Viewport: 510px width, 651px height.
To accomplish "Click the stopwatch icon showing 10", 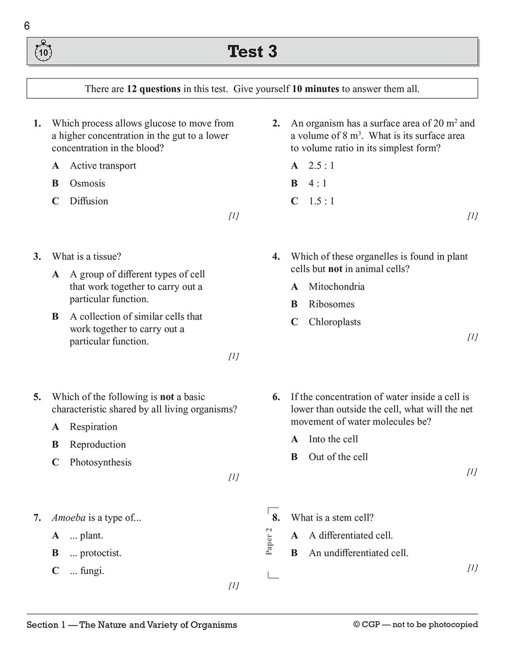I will point(43,51).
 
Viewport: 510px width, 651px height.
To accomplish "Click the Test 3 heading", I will point(252,51).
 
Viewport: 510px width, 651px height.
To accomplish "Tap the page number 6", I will point(27,26).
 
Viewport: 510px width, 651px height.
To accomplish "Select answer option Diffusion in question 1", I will point(89,201).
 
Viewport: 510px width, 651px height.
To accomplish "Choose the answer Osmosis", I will point(87,183).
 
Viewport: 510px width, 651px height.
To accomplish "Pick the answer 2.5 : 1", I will point(321,166).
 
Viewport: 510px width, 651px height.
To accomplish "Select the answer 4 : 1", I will point(317,183).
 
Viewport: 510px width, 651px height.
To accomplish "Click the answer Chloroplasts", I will point(334,322).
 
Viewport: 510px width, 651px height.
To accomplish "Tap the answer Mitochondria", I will point(336,286).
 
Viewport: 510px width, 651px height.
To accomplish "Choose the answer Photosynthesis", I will point(100,462).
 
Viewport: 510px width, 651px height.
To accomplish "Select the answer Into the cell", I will point(333,439).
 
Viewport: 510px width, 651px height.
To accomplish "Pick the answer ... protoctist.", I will point(95,553).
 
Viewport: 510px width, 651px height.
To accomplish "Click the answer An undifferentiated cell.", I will point(358,553).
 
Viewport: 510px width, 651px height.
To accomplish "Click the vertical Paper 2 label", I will point(269,541).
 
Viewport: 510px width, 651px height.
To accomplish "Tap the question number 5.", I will point(37,397).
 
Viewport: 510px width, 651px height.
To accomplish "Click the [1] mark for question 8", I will point(472,568).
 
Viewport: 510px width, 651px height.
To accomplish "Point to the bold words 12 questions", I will point(154,89).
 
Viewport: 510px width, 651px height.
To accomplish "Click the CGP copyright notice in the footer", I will point(415,625).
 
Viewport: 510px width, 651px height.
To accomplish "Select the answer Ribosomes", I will point(331,304).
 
